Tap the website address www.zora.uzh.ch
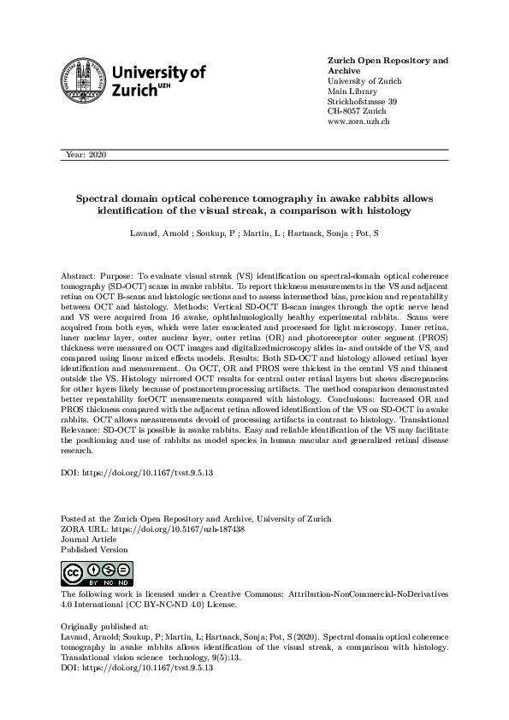359,122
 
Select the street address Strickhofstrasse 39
362,102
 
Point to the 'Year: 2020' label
85,155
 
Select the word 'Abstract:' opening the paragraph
80,277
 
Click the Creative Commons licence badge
84,573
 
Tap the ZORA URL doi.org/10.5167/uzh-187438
170,529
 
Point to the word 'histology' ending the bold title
385,210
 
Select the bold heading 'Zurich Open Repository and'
388,61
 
